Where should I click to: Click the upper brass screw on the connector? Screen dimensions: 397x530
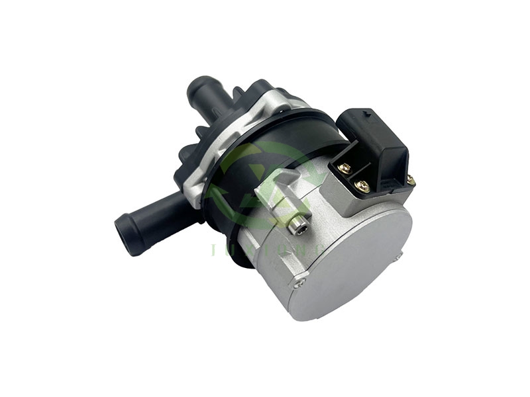click(344, 169)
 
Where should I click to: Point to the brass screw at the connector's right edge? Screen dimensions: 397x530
click(410, 179)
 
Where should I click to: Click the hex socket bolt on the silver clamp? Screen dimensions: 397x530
click(299, 228)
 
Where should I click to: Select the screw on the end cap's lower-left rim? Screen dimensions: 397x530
click(303, 284)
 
